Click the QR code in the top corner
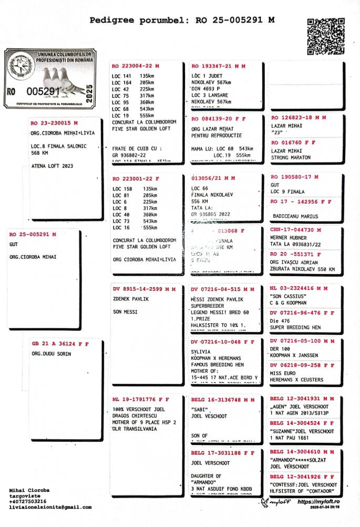pyautogui.click(x=323, y=37)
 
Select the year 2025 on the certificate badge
pyautogui.click(x=89, y=92)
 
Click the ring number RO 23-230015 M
pyautogui.click(x=54, y=123)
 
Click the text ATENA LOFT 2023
pyautogui.click(x=53, y=166)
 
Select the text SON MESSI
pyautogui.click(x=125, y=312)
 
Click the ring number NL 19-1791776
pyautogui.click(x=137, y=399)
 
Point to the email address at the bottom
pyautogui.click(x=50, y=508)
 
